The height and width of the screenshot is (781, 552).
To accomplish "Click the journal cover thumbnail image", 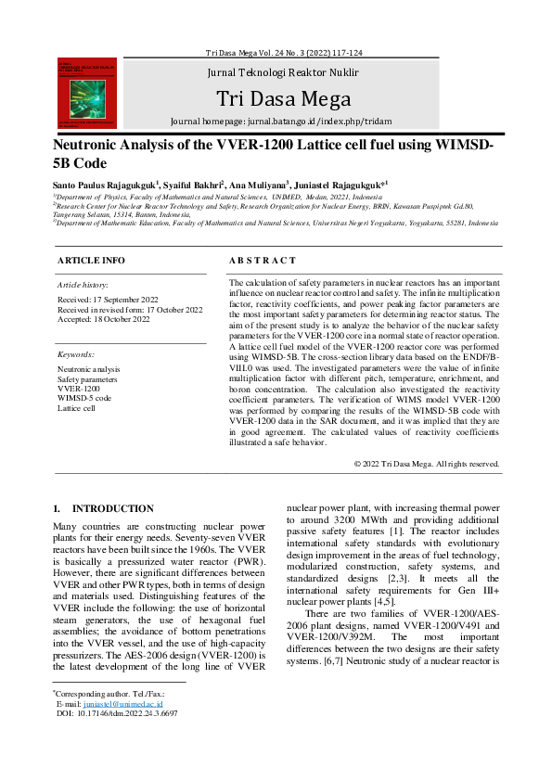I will click(x=86, y=94).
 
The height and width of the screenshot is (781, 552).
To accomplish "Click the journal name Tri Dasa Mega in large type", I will click(x=283, y=98).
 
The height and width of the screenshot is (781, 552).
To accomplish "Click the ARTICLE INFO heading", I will click(x=91, y=261).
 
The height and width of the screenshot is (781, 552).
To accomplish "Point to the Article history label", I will click(x=83, y=285).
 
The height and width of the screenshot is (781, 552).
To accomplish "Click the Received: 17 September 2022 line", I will click(x=109, y=300).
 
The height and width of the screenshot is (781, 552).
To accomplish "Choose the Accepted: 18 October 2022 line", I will click(x=104, y=319).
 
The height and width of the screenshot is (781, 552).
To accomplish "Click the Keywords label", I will click(x=76, y=354).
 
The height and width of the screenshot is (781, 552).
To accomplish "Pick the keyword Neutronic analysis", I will click(x=89, y=369).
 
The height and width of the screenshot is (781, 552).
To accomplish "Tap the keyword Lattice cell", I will click(x=77, y=407).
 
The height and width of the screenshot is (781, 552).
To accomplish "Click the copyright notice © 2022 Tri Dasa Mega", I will click(x=426, y=464).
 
